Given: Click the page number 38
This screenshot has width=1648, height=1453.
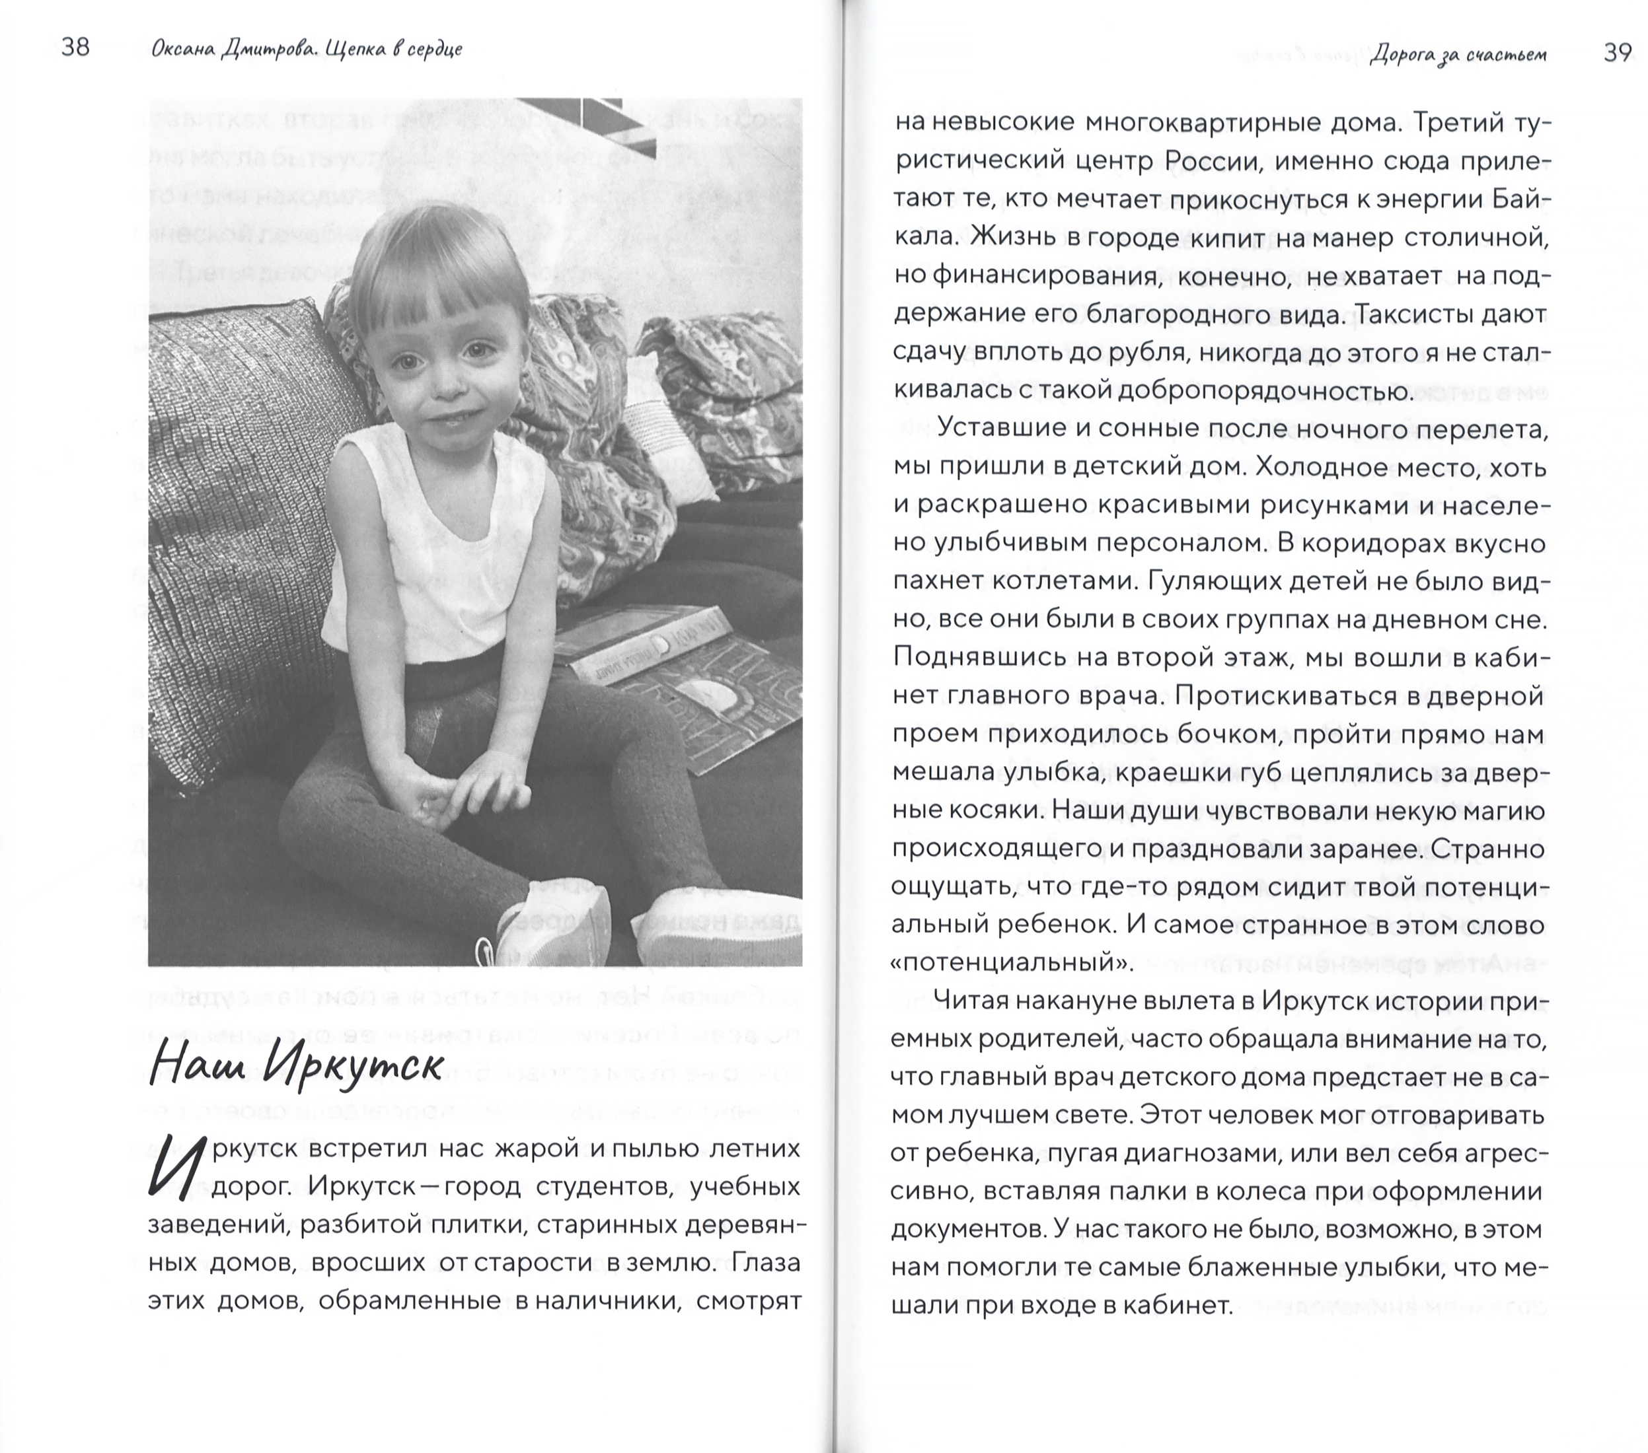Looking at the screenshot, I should pyautogui.click(x=75, y=48).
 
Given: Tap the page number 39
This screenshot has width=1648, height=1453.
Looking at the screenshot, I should pyautogui.click(x=1616, y=53).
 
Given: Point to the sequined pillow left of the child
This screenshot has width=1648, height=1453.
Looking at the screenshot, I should pyautogui.click(x=242, y=524).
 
